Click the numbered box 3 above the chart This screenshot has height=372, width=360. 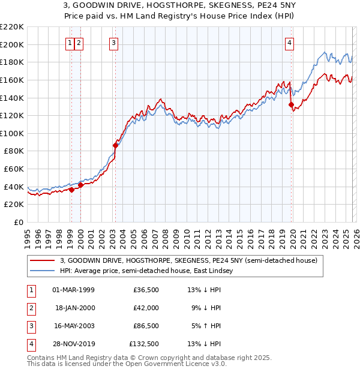pos(113,43)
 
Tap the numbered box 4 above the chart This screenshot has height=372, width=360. pos(289,43)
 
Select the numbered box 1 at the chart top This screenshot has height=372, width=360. pos(70,43)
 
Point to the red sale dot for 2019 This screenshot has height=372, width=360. pos(291,104)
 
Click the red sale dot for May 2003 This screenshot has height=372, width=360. pos(115,145)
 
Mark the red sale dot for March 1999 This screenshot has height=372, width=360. pos(71,190)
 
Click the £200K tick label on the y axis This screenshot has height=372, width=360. pos(12,44)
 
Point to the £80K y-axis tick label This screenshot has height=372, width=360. pos(14,151)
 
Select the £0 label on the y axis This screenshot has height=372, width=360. pos(19,223)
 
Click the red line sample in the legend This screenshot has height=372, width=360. pos(43,261)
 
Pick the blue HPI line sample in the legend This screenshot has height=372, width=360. pos(43,271)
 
